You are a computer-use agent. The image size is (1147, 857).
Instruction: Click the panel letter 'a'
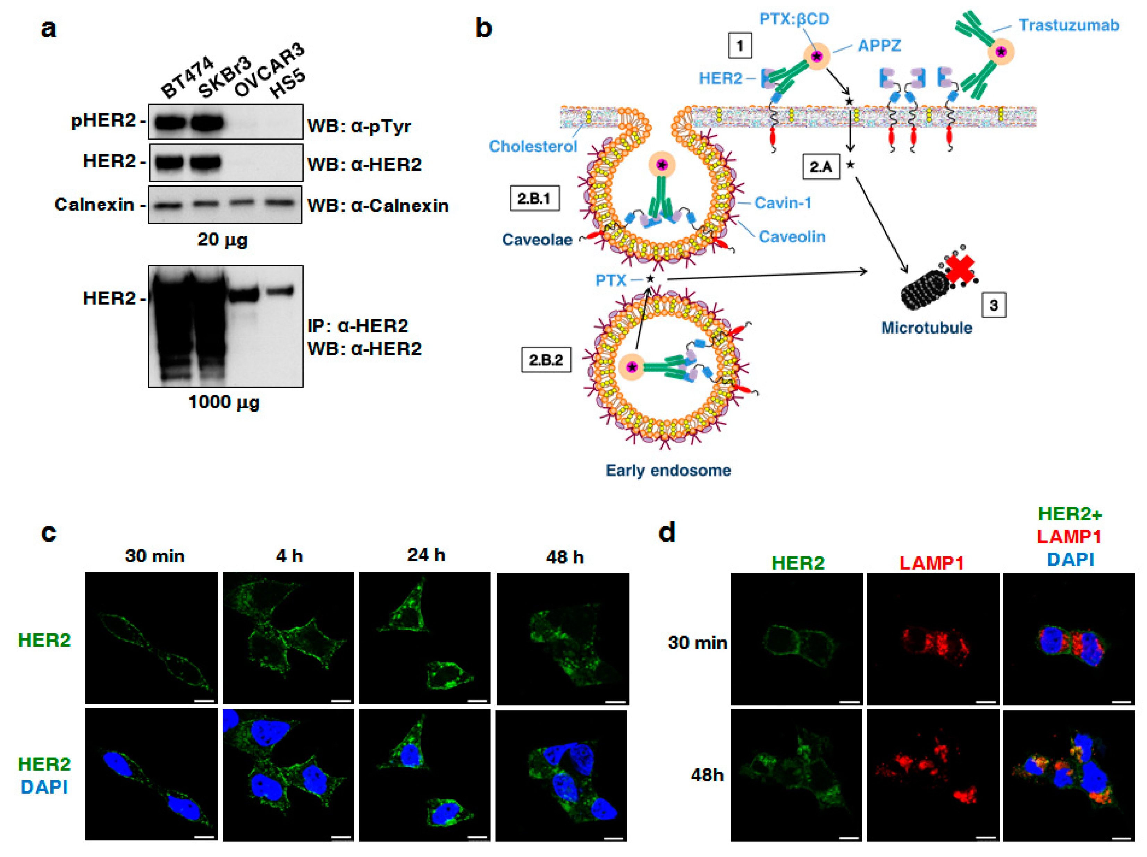click(48, 28)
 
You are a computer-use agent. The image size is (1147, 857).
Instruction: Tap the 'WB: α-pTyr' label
click(359, 126)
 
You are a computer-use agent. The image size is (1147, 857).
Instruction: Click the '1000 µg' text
click(224, 402)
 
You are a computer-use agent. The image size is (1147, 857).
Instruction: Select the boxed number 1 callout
click(740, 46)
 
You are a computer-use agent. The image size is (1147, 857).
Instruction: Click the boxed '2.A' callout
click(821, 167)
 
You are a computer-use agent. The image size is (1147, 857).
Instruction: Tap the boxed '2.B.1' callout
click(534, 198)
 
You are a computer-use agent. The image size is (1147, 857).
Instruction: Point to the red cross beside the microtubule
click(960, 270)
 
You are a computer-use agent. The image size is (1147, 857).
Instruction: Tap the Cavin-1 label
click(783, 202)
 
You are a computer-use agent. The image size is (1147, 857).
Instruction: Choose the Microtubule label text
click(926, 328)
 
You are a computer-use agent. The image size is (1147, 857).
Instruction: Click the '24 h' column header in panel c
click(426, 555)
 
